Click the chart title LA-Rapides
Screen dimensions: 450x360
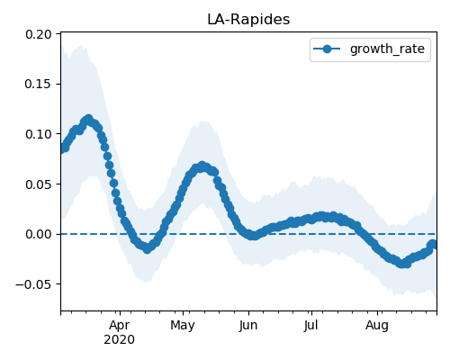pyautogui.click(x=248, y=20)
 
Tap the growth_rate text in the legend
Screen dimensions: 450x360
pyautogui.click(x=387, y=49)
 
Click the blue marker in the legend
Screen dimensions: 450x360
pyautogui.click(x=327, y=49)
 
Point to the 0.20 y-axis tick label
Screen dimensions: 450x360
pyautogui.click(x=39, y=34)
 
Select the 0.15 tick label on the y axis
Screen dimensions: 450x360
pyautogui.click(x=39, y=84)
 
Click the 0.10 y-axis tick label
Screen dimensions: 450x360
pyautogui.click(x=39, y=134)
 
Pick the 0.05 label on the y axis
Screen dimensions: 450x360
pyautogui.click(x=39, y=184)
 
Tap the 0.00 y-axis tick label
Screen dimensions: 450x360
pyautogui.click(x=39, y=234)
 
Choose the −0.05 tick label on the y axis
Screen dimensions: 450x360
pyautogui.click(x=33, y=284)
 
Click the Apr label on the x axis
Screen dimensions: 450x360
pyautogui.click(x=120, y=325)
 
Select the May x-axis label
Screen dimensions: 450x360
pyautogui.click(x=183, y=325)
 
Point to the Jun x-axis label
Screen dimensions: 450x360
pyautogui.click(x=248, y=325)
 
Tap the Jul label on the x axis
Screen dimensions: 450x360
pyautogui.click(x=311, y=325)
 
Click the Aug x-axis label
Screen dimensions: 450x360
pyautogui.click(x=377, y=325)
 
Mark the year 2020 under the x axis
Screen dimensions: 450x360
pyautogui.click(x=120, y=340)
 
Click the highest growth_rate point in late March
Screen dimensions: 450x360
pyautogui.click(x=88, y=119)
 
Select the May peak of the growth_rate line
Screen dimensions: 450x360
pyautogui.click(x=202, y=166)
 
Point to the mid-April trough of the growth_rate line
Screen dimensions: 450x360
pyautogui.click(x=147, y=248)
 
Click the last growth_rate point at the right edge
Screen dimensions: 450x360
pyautogui.click(x=435, y=245)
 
